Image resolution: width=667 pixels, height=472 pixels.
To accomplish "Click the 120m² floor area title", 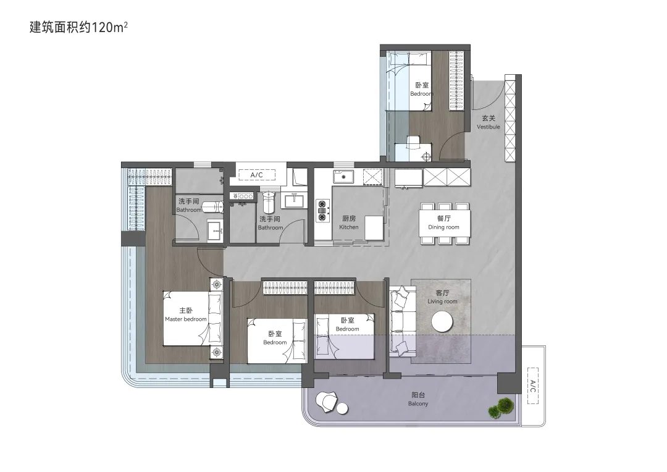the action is [78, 27].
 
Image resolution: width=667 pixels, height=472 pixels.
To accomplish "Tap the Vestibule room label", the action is [489, 122].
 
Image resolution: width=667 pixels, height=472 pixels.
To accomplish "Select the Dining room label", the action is [443, 222].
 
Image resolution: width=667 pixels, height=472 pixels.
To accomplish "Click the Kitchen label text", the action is [349, 222].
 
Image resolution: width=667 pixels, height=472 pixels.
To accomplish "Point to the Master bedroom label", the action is [186, 315].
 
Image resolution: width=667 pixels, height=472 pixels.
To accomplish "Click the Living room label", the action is [442, 297].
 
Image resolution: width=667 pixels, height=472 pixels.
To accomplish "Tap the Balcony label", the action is [418, 399].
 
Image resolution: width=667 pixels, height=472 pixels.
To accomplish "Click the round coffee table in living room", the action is [442, 322].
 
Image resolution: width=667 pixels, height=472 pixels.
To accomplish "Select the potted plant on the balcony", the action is [501, 407].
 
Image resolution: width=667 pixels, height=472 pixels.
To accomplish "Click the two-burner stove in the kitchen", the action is [322, 211].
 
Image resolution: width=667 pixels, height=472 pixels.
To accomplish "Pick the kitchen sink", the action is [343, 176].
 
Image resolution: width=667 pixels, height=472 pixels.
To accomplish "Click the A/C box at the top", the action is [256, 175].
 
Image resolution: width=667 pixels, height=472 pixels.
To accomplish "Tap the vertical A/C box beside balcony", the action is [532, 386].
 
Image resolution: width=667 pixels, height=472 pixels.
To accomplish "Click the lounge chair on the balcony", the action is [327, 402].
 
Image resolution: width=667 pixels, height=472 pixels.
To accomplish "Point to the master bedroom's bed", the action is [193, 318].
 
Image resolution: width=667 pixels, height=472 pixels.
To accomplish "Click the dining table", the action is [445, 223].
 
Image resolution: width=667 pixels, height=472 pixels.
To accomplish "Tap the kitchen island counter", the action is [374, 228].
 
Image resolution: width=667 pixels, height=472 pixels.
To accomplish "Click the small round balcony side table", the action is [342, 408].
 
